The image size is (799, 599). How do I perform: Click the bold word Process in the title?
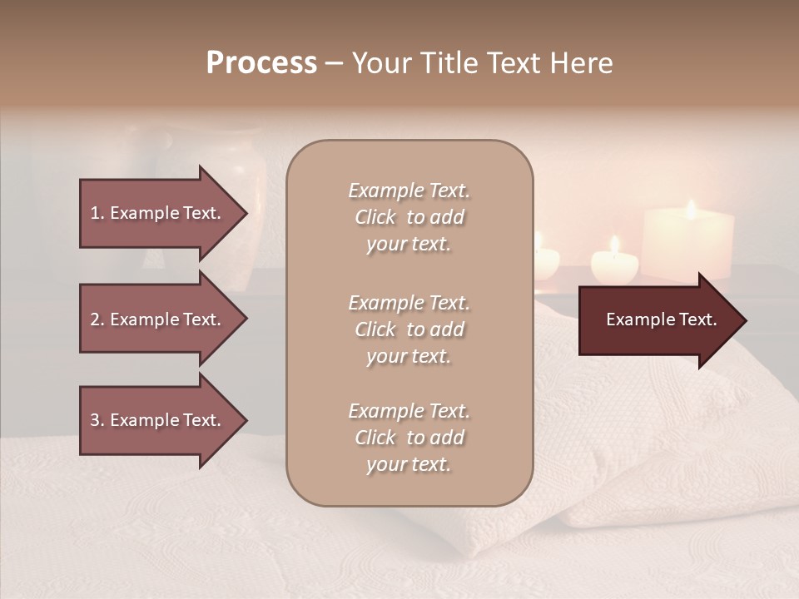(261, 63)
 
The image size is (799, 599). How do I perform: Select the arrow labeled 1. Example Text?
(158, 213)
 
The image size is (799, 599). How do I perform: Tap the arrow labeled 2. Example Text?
(158, 319)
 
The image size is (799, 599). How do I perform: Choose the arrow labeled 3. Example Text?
(158, 420)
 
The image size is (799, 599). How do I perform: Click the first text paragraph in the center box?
(409, 217)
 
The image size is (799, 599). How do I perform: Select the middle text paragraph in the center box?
(409, 329)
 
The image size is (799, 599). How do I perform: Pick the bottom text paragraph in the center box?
(409, 438)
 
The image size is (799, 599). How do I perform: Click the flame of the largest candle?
(690, 209)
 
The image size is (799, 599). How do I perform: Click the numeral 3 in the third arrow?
(94, 420)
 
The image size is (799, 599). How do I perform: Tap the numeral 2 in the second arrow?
(94, 319)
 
